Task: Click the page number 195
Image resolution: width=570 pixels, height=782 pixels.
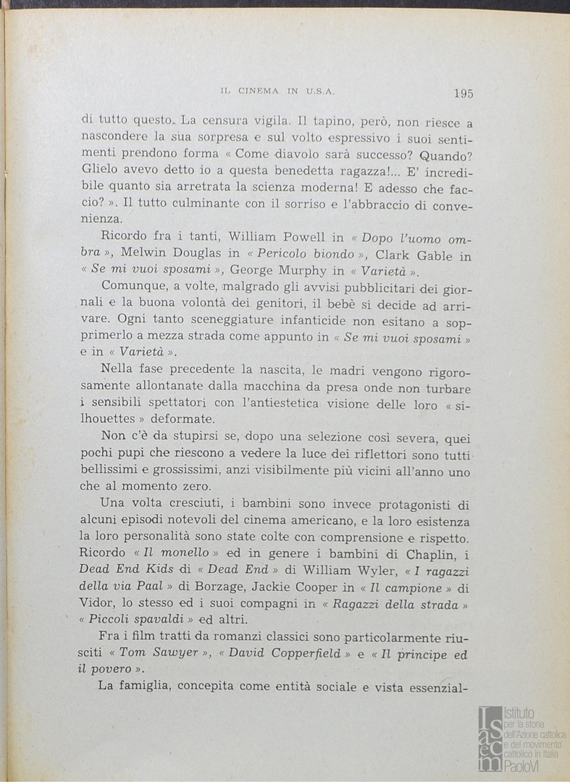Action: click(x=464, y=93)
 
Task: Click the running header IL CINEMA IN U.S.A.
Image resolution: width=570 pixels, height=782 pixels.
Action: click(x=277, y=92)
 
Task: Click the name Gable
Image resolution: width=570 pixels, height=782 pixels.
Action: click(x=435, y=254)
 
